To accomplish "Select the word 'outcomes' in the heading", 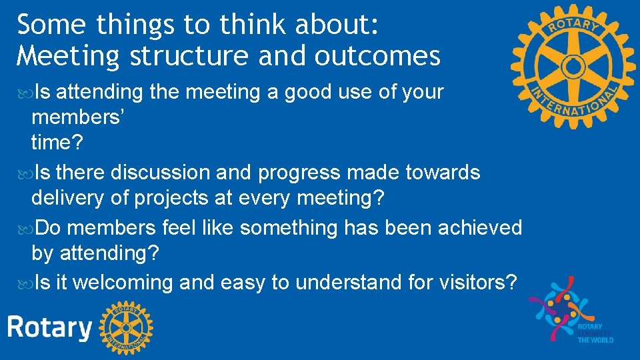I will pyautogui.click(x=377, y=56).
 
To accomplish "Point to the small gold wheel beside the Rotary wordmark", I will pyautogui.click(x=126, y=327).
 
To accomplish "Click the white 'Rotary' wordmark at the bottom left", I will pyautogui.click(x=49, y=328).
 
